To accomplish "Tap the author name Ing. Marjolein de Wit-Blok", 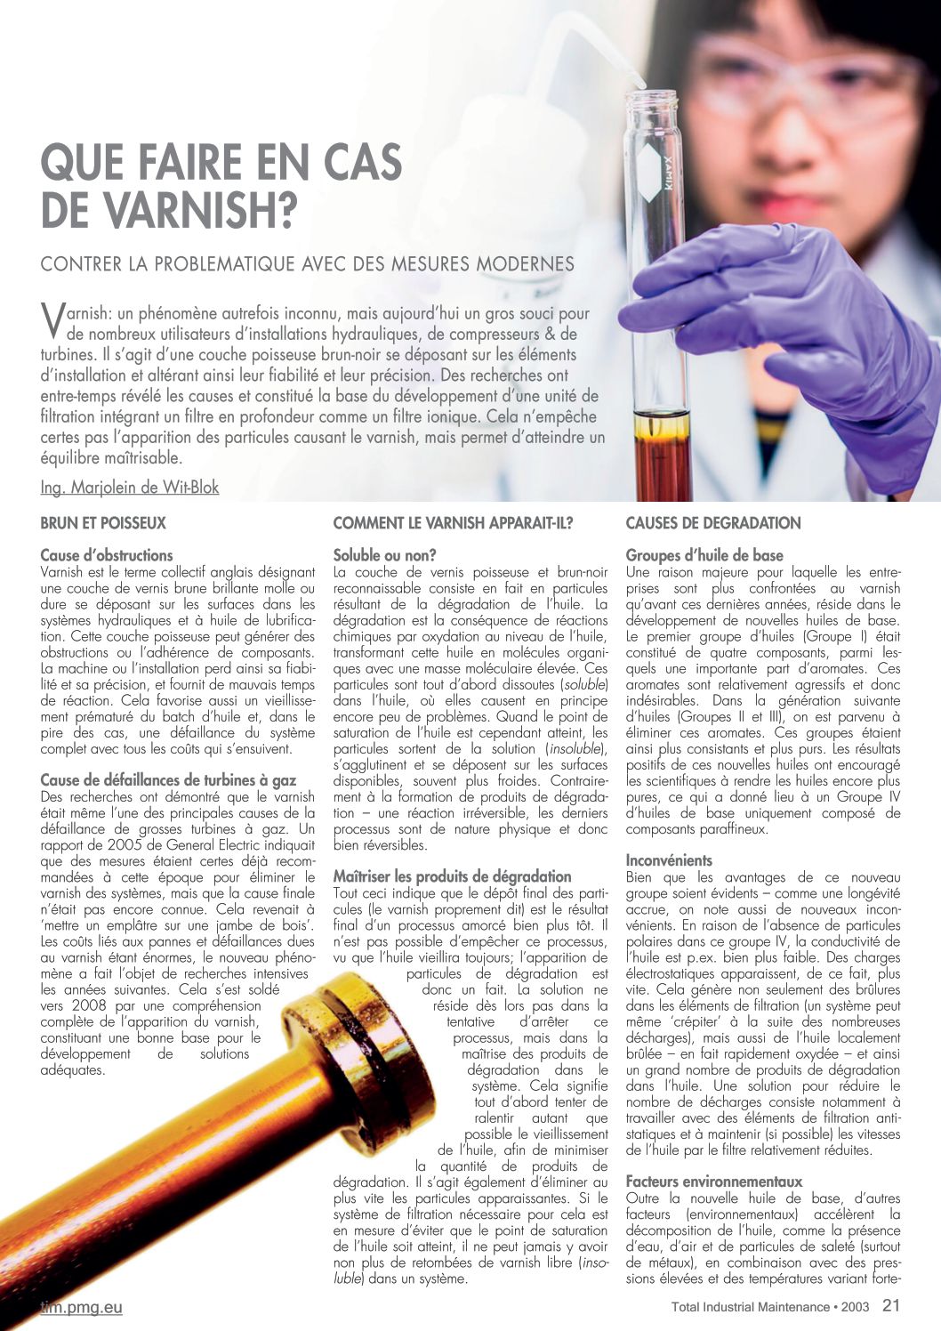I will pos(130,488).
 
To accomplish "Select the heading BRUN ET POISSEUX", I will pos(103,523).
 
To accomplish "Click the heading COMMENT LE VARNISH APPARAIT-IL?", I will pos(453,523).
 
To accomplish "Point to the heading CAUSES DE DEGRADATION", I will pos(713,523).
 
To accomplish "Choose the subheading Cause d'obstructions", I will pos(107,555).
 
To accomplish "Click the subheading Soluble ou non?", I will pos(384,555).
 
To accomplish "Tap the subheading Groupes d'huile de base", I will pos(704,555).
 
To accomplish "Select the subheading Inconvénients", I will pos(669,860).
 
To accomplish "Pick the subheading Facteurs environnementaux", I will pos(714,1182).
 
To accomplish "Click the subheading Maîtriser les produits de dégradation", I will pos(452,876).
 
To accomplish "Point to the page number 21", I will pos(891,1306).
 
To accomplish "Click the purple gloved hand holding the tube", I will pos(756,320).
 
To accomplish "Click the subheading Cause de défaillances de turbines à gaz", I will pos(168,780).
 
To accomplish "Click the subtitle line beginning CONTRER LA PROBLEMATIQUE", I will pos(308,264).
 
